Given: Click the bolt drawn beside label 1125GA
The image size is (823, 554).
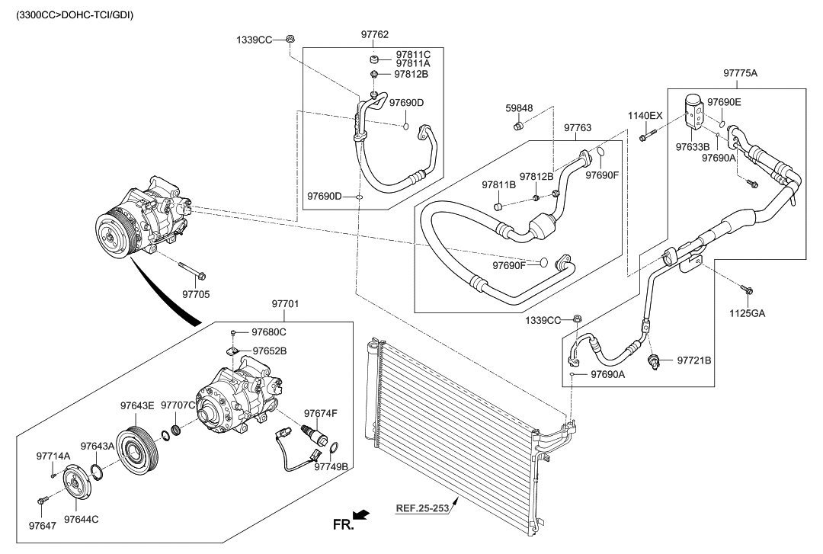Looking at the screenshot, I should click(x=746, y=289).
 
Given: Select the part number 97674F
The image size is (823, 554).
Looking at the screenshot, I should click(x=321, y=413).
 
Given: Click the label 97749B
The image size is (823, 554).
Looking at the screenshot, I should click(x=331, y=466).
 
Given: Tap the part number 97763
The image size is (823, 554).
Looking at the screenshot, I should click(x=578, y=129).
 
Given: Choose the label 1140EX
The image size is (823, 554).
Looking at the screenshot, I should click(x=646, y=115).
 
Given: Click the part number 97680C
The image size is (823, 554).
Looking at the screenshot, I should click(x=269, y=332).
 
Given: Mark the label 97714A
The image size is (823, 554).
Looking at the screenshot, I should click(x=53, y=456).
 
